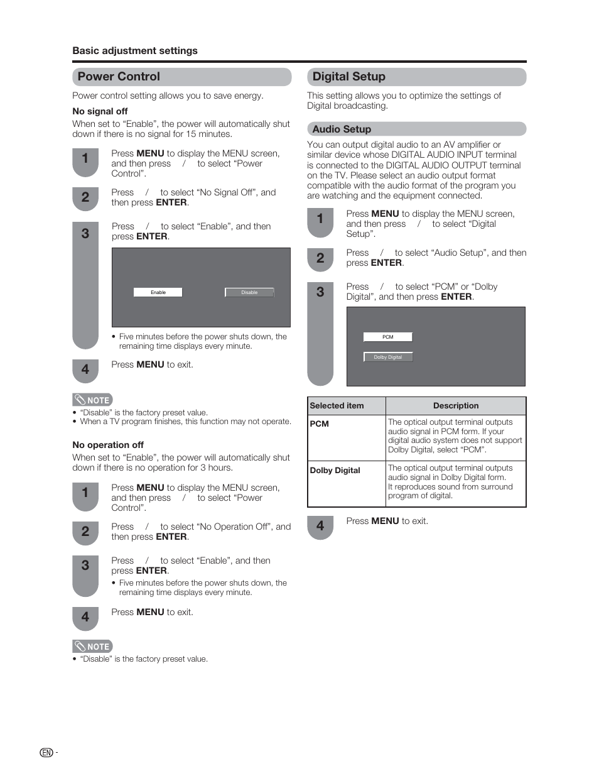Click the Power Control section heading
119,77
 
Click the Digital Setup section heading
349,77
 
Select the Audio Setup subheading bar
342,129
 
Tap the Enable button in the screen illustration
158,292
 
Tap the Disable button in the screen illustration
249,292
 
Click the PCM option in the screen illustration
388,337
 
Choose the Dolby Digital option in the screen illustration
388,357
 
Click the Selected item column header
337,406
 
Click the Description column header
456,406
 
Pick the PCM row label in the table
320,424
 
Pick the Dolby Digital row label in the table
335,470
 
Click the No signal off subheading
100,111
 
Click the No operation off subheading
108,445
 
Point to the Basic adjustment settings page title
135,51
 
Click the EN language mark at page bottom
46,753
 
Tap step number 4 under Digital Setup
320,526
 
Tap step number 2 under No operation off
85,532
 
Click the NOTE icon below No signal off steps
92,400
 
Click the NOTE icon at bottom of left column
92,646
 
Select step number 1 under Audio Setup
320,219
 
